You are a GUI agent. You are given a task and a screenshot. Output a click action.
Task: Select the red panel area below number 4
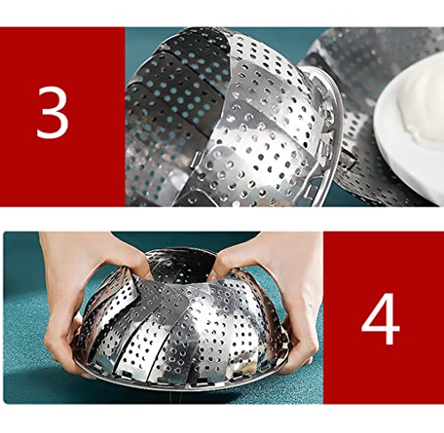point(382,382)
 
